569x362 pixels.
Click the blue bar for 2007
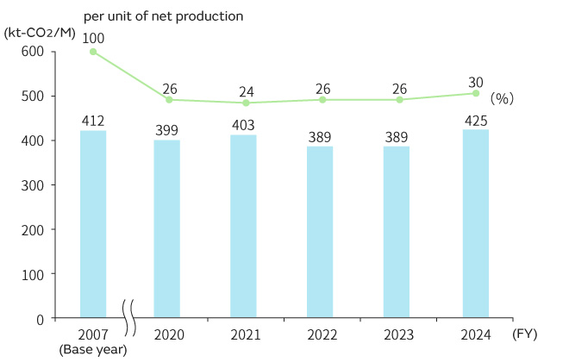pos(93,224)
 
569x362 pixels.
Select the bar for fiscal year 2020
pos(166,228)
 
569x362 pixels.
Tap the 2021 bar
pos(243,227)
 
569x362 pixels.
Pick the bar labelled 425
pos(476,223)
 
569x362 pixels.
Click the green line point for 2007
pos(93,52)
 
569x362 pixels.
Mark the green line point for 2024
pos(476,93)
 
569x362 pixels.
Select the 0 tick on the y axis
pos(40,318)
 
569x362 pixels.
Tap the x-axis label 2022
pos(321,335)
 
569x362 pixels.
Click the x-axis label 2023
pos(398,335)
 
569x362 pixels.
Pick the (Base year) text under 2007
pos(93,350)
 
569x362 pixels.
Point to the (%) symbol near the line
pos(502,99)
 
